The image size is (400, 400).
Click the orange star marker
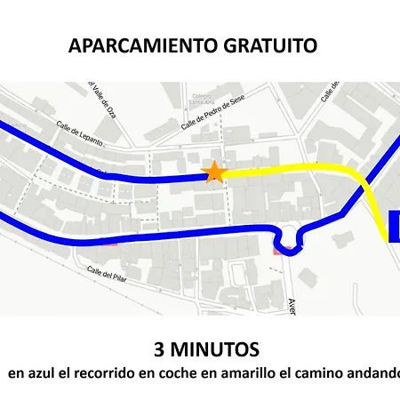click(x=213, y=172)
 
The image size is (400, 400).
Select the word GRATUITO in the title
click(x=273, y=46)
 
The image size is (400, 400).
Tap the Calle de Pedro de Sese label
click(x=212, y=114)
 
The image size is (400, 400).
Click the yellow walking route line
click(x=293, y=170)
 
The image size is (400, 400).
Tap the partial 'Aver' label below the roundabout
click(x=291, y=305)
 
